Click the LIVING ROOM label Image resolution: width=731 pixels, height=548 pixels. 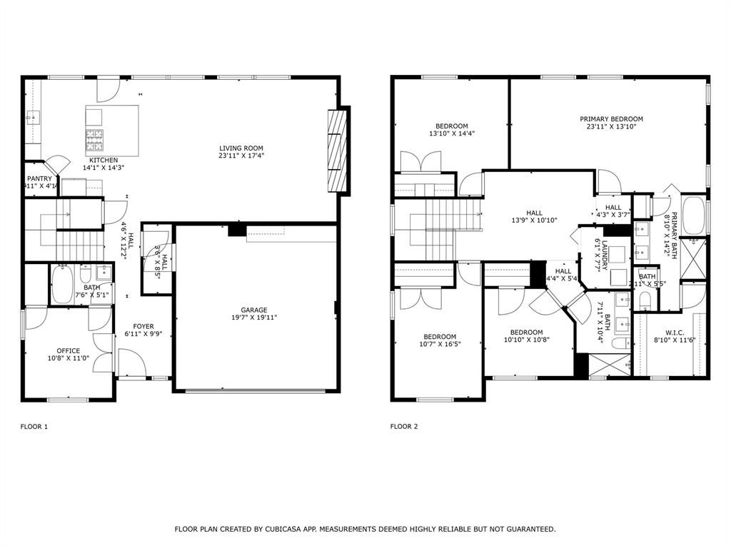tap(241, 148)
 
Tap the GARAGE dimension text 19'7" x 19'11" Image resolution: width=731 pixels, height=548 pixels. tap(253, 318)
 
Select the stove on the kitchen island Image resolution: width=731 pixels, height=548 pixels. tap(94, 137)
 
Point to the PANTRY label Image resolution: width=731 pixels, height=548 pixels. tap(39, 179)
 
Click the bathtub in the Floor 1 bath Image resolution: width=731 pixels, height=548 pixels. tap(63, 283)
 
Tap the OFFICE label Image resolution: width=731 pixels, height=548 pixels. tap(69, 350)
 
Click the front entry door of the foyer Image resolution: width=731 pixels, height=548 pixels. tap(132, 362)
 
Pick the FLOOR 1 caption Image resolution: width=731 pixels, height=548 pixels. tap(34, 427)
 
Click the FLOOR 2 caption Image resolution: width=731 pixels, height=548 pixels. tap(404, 427)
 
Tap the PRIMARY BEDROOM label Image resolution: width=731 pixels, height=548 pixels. tap(611, 119)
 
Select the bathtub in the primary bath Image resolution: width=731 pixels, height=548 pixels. tap(693, 215)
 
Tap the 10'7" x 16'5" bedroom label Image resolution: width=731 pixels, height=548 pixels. tap(439, 337)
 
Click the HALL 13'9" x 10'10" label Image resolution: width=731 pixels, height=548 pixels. tap(534, 213)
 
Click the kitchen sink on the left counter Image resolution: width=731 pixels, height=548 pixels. tap(32, 118)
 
